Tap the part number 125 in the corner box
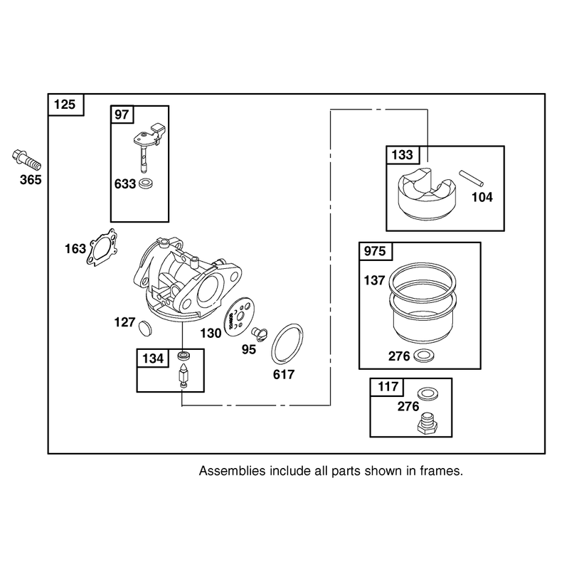coord(65,105)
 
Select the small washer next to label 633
coord(146,184)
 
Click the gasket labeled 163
coord(102,247)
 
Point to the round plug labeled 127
coord(146,328)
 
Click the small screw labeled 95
coord(260,333)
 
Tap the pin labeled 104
coord(471,179)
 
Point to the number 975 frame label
coord(375,251)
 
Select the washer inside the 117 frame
coord(428,393)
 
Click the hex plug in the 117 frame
coord(427,422)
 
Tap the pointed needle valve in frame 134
coord(183,376)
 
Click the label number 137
coord(374,280)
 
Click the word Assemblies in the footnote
coord(233,471)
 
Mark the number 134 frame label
coord(153,358)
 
